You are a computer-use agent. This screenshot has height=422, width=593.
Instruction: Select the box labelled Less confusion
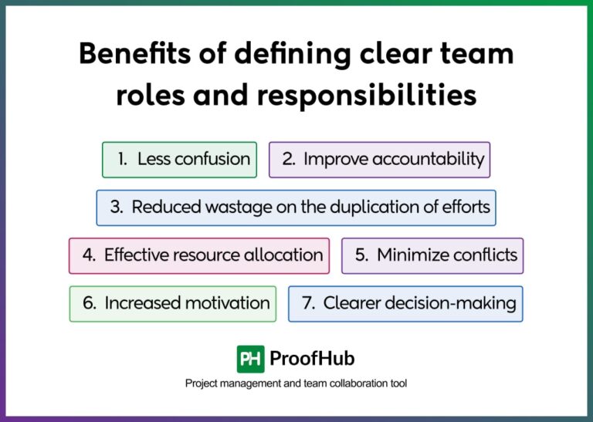(x=179, y=160)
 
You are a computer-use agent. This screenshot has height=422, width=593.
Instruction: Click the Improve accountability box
(x=379, y=160)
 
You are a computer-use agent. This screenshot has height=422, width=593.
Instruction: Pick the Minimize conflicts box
(x=432, y=255)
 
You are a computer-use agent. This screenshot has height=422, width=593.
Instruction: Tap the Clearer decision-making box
(x=405, y=303)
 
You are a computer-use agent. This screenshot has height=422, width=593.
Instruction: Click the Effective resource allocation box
(x=199, y=255)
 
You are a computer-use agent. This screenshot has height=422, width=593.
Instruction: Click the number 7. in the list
(x=309, y=303)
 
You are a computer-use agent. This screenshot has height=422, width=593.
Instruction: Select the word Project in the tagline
(x=202, y=383)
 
